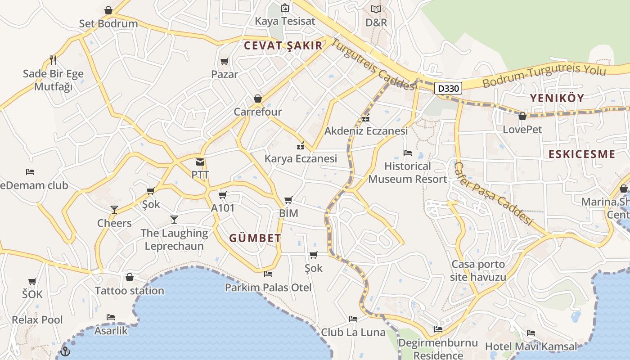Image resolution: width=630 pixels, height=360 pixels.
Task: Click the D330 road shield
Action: [449, 89]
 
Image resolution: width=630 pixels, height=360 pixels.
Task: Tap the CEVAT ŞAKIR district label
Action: [283, 45]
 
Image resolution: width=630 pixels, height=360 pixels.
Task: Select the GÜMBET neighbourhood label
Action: [255, 238]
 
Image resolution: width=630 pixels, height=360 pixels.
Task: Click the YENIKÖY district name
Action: [557, 98]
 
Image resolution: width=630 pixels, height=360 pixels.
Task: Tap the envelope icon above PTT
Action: [200, 162]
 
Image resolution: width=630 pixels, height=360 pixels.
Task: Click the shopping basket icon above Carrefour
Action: [258, 99]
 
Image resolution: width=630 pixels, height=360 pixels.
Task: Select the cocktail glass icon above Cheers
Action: [114, 210]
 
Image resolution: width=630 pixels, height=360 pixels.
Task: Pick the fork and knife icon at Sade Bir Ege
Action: [53, 60]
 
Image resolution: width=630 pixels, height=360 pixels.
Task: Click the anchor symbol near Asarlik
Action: [65, 351]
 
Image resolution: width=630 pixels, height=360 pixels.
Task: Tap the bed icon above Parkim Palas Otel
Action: [268, 274]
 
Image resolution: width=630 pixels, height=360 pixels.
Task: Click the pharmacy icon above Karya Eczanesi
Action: [301, 146]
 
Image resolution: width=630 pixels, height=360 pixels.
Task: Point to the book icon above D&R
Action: [376, 9]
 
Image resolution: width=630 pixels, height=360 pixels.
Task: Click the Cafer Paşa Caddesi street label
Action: [493, 194]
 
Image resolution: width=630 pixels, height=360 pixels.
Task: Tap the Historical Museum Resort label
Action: [408, 172]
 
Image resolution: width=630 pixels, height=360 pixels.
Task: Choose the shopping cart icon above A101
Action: [222, 195]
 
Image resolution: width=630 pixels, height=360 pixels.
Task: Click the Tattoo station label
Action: [130, 291]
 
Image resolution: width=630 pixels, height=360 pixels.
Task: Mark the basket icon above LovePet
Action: [522, 116]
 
